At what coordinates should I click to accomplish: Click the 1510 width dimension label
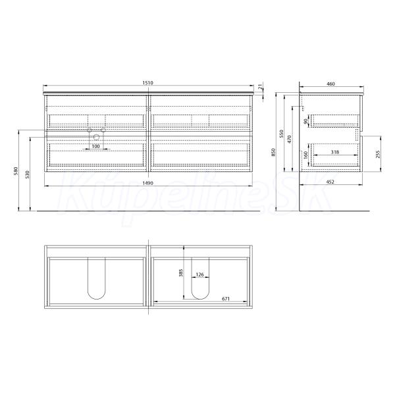(148, 83)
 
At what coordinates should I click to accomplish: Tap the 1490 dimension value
(148, 183)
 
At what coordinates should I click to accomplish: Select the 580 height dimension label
(16, 171)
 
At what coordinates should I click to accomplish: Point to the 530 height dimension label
(28, 174)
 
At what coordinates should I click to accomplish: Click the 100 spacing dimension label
(95, 146)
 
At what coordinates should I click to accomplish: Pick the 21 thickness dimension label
(261, 87)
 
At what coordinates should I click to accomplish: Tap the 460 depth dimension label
(330, 84)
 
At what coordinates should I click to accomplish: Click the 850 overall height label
(274, 153)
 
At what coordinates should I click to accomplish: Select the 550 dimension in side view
(282, 134)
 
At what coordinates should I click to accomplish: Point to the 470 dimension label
(290, 140)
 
